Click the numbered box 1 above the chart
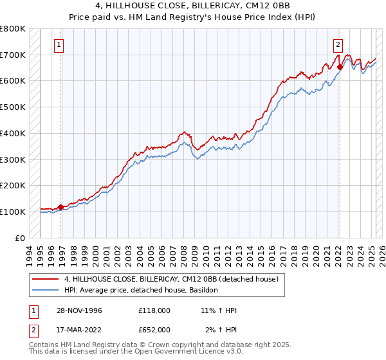click(59, 44)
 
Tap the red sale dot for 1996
click(60, 207)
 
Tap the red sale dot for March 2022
click(340, 66)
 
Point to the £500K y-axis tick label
click(13, 107)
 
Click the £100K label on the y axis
click(13, 212)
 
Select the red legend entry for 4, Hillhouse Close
click(170, 279)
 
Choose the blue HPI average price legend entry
click(141, 291)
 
